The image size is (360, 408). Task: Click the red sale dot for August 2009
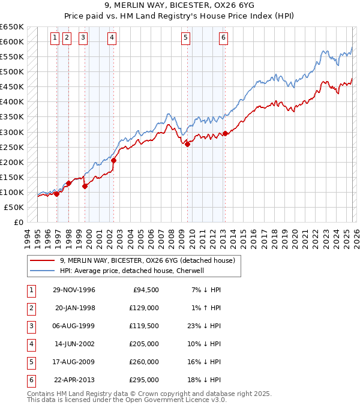[x=188, y=144]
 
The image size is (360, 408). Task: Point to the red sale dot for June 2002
[x=113, y=160]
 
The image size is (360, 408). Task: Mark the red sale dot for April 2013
[x=225, y=133]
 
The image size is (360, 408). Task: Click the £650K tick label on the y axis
[x=12, y=27]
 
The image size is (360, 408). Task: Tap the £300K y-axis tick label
[x=12, y=132]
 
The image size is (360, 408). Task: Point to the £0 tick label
[x=17, y=222]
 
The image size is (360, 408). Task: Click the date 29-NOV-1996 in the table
[x=74, y=290]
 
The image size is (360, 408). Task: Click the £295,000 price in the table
[x=143, y=379]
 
